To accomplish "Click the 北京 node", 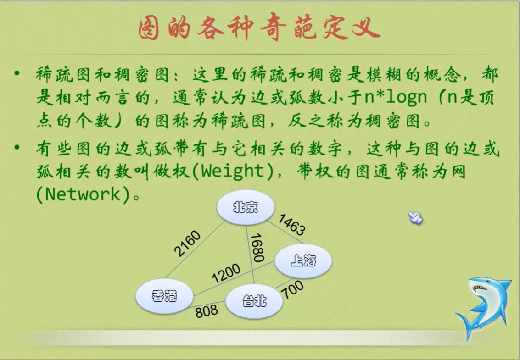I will point(246,207).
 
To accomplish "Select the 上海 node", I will point(303,260).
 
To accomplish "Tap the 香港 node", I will point(164,296).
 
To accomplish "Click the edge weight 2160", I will point(187,244).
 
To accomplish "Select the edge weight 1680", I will point(257,247).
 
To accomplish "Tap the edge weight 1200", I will point(226,273).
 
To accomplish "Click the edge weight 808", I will point(207,312).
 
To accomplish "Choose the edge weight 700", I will point(293,290).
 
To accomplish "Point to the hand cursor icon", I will point(415,218).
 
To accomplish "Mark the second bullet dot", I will point(17,148).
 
